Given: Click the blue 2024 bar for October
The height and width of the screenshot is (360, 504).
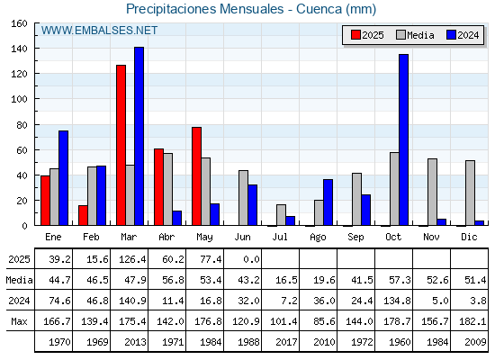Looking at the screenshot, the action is [404, 139].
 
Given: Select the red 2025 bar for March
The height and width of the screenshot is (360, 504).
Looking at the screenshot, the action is [121, 145].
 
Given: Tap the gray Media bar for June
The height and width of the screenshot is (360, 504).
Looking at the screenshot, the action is [243, 198].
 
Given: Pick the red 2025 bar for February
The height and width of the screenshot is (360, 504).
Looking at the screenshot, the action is [83, 215].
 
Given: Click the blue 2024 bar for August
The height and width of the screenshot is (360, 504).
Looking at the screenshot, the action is [328, 202].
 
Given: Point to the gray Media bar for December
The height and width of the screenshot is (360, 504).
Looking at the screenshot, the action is [470, 193].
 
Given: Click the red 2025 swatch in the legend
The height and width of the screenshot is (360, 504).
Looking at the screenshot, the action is [355, 35].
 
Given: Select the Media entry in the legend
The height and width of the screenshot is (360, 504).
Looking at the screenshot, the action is [415, 35].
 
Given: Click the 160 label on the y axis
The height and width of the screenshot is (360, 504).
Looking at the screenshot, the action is [19, 23].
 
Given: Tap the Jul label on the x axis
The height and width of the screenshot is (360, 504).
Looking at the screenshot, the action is [280, 237].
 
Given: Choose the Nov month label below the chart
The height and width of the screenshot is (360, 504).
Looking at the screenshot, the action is [431, 237].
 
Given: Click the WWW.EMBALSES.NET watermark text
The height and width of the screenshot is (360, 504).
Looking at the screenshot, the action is [99, 31].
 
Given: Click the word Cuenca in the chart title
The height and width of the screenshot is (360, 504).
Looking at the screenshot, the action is [319, 9].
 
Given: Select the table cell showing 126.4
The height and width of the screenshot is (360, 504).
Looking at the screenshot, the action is [132, 259].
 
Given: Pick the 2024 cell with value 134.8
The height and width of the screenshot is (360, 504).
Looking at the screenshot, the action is [397, 301].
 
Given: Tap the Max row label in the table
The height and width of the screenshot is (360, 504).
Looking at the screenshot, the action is [19, 321].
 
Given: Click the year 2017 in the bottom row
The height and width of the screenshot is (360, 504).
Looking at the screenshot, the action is [286, 342].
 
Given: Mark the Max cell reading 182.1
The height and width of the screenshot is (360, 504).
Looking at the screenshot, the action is [472, 321].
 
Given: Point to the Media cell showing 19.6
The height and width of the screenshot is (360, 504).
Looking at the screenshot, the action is [324, 280].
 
